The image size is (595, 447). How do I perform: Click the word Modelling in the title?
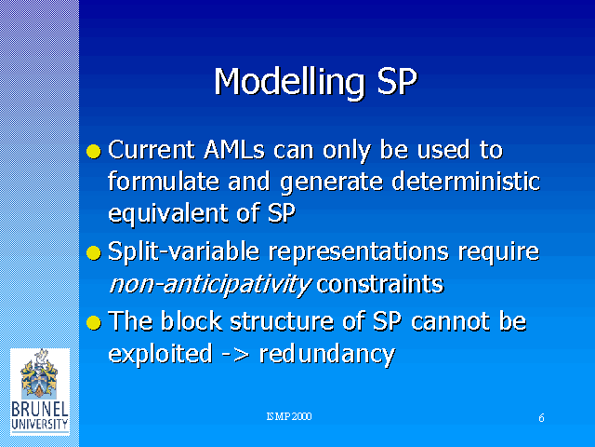pyautogui.click(x=290, y=83)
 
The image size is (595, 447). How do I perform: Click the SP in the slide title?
pyautogui.click(x=397, y=81)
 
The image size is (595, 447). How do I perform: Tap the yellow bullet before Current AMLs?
pyautogui.click(x=94, y=151)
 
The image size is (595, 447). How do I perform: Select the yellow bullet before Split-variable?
pyautogui.click(x=94, y=253)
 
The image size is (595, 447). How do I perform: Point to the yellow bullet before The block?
pyautogui.click(x=94, y=323)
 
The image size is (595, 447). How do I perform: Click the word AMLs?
pyautogui.click(x=233, y=149)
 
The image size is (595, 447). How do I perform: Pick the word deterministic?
pyautogui.click(x=466, y=181)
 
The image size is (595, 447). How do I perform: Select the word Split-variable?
pyautogui.click(x=184, y=252)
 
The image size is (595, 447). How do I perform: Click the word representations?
pyautogui.click(x=359, y=252)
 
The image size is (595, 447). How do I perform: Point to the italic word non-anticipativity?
pyautogui.click(x=210, y=285)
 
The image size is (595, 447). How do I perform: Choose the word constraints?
pyautogui.click(x=379, y=284)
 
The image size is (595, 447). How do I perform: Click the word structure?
pyautogui.click(x=282, y=321)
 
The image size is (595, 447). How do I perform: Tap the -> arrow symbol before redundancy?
pyautogui.click(x=236, y=355)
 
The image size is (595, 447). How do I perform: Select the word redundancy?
pyautogui.click(x=327, y=355)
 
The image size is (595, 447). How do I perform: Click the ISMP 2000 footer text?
pyautogui.click(x=289, y=416)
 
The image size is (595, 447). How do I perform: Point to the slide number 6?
pyautogui.click(x=541, y=418)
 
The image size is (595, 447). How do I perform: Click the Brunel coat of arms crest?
pyautogui.click(x=39, y=374)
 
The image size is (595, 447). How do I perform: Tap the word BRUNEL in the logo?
pyautogui.click(x=40, y=410)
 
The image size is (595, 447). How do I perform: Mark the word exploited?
pyautogui.click(x=160, y=354)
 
